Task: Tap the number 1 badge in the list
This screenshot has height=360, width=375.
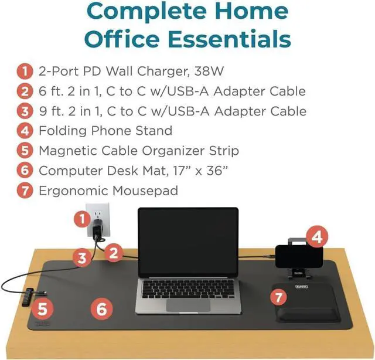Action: (x=23, y=72)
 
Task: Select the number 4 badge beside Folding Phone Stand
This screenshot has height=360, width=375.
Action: (x=23, y=131)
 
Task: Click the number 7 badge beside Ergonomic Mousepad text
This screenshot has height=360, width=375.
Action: (x=23, y=191)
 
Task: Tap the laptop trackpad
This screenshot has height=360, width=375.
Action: (x=188, y=304)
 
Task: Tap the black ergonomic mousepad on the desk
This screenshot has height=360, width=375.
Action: (x=306, y=303)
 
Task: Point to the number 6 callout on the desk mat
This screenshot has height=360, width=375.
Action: (x=101, y=308)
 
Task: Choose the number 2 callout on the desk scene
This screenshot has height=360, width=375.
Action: (x=114, y=253)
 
